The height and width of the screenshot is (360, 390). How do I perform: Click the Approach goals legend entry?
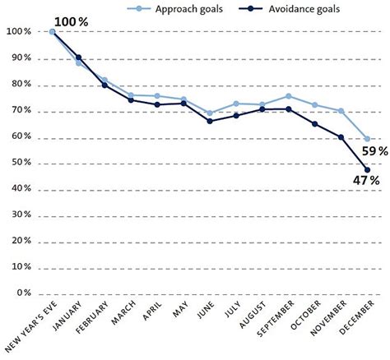(174, 9)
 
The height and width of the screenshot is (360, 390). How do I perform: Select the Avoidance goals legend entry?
(289, 9)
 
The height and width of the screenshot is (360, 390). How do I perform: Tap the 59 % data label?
(375, 151)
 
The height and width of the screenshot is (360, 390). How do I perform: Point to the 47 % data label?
(366, 181)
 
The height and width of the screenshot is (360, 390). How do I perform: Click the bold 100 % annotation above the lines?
(72, 22)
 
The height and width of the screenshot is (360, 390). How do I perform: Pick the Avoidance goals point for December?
(367, 170)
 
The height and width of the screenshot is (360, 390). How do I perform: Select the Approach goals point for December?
(367, 139)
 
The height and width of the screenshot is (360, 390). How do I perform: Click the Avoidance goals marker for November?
(341, 137)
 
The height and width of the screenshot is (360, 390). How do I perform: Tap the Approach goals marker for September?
(289, 96)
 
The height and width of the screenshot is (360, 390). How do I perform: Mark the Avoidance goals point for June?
(210, 121)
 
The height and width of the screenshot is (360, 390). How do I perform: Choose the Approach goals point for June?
(210, 113)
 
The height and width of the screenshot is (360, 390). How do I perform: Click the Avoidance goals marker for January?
(78, 58)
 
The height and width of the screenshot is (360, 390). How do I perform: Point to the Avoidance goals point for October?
(315, 124)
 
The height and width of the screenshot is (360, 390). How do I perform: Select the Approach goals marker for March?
(131, 95)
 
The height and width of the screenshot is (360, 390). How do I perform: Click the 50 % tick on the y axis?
(21, 162)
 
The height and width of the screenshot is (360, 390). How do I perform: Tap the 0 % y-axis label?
(24, 293)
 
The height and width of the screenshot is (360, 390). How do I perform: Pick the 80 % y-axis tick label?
(21, 84)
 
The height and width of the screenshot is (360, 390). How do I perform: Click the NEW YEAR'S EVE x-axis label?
(31, 326)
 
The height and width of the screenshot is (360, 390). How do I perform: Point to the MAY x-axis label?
(181, 309)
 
